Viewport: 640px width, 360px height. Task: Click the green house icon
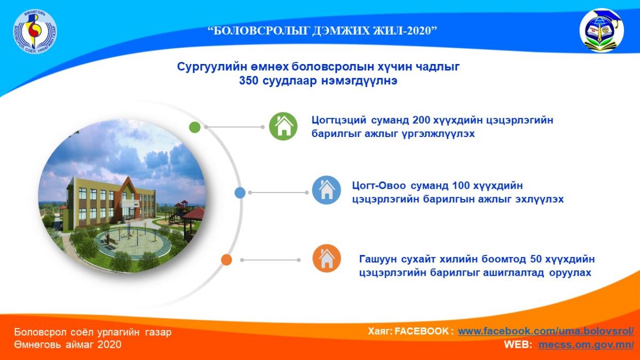[x=283, y=127]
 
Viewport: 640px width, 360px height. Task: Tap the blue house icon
[x=326, y=190]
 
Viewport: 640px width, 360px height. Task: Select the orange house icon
[x=326, y=259]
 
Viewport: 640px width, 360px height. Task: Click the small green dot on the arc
[x=195, y=127]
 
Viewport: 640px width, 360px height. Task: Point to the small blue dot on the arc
[x=240, y=193]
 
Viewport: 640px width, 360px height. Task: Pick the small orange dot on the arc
[x=226, y=260]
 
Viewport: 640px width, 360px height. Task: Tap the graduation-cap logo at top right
[x=601, y=31]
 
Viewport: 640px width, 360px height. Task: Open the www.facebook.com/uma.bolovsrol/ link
[x=546, y=331]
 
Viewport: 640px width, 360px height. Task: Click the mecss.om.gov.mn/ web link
[x=586, y=345]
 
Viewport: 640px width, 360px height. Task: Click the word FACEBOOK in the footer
[x=425, y=331]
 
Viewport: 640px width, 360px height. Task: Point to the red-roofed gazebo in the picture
[x=192, y=214]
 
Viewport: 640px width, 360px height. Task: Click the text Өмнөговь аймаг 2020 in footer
[x=68, y=345]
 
